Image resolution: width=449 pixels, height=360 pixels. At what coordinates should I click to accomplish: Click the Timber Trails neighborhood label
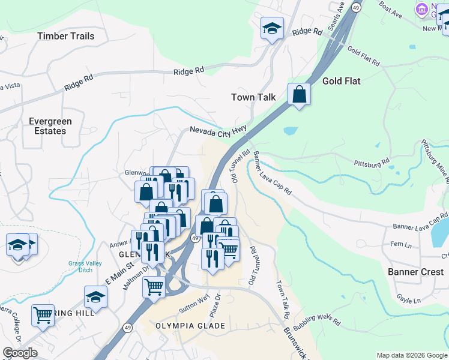pos(65,36)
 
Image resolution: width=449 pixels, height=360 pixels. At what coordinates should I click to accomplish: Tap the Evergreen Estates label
pos(50,126)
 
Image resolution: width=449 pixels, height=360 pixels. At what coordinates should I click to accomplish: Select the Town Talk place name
pos(253,97)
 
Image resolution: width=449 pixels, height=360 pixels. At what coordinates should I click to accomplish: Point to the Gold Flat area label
pos(341,81)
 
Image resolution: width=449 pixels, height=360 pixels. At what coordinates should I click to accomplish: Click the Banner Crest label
pos(415,272)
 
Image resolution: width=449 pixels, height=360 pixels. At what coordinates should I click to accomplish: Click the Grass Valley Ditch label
pos(89,266)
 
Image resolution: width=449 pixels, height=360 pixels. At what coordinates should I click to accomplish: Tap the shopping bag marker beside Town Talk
pos(298,94)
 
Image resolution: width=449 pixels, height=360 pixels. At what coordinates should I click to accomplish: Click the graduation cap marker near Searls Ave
pos(271,28)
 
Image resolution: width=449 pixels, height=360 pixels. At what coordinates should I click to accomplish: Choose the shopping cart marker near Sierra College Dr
pos(43,314)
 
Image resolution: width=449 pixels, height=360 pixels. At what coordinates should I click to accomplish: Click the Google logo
pos(20,353)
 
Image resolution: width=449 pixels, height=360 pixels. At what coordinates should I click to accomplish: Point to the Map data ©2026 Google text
pos(411,355)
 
